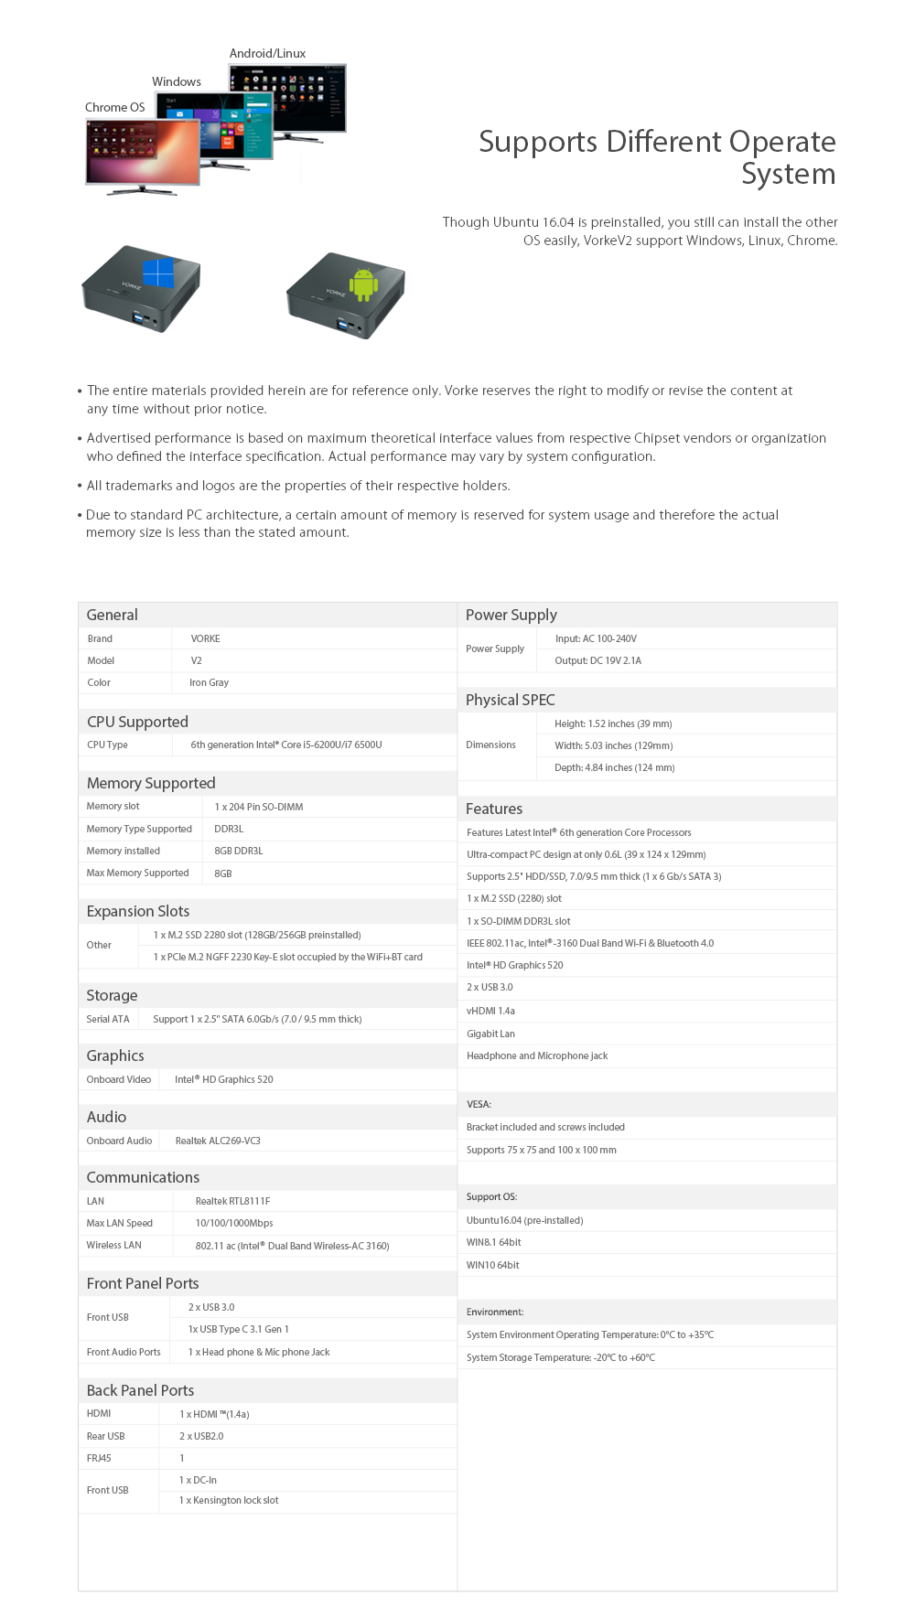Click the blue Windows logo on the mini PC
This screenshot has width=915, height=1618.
click(x=158, y=273)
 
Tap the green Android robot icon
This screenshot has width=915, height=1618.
click(x=363, y=284)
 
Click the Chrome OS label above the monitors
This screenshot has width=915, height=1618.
click(x=114, y=107)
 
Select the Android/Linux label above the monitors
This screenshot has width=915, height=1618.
click(x=267, y=53)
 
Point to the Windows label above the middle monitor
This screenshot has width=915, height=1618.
click(x=177, y=81)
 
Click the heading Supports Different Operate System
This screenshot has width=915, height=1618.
click(x=657, y=157)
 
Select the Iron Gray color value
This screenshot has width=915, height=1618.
click(x=209, y=682)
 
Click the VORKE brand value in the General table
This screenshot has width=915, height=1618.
click(x=205, y=638)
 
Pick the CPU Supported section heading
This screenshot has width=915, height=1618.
click(x=137, y=722)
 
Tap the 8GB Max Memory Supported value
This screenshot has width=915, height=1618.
click(x=223, y=873)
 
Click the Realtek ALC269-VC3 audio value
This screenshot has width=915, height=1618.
click(x=218, y=1141)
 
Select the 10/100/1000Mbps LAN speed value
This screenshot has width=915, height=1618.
click(x=234, y=1223)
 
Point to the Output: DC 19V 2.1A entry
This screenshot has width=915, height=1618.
click(x=597, y=660)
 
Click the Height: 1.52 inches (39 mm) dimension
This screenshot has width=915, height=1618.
click(x=613, y=723)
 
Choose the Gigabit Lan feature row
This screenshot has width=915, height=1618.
click(x=490, y=1034)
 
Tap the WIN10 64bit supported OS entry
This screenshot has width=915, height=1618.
click(x=492, y=1265)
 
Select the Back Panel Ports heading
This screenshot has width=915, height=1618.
click(x=140, y=1390)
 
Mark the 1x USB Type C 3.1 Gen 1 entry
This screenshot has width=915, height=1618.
click(x=238, y=1329)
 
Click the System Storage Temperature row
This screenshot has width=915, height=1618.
click(x=560, y=1357)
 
